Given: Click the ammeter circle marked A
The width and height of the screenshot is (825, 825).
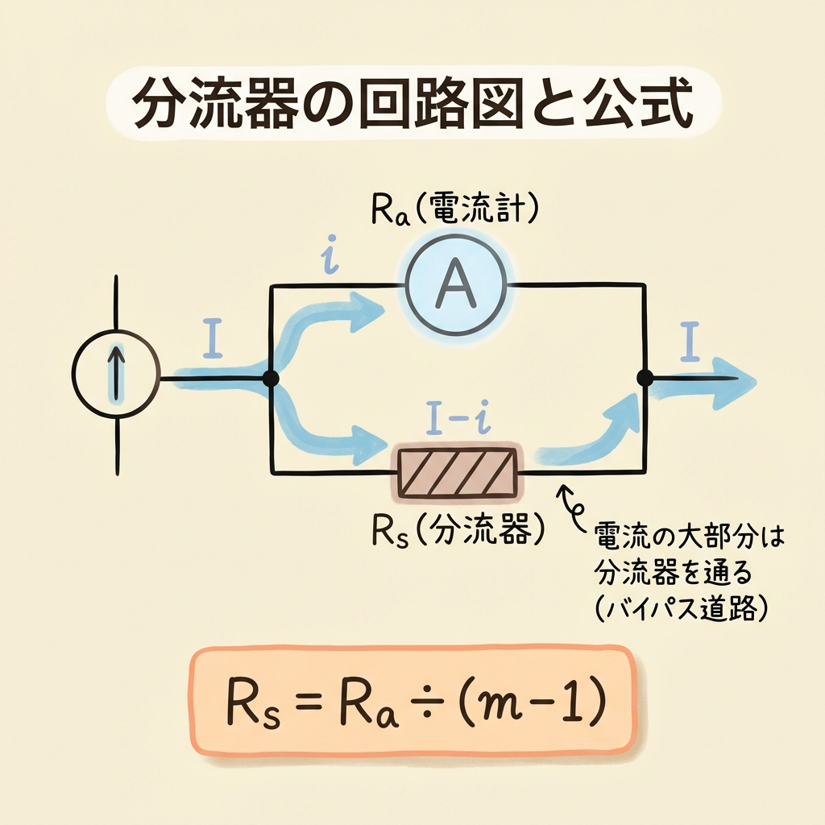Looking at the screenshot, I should coord(455,284).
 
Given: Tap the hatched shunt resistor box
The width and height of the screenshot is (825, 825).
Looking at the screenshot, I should coord(455,471).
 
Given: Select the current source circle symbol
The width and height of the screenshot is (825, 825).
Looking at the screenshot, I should coord(117,377).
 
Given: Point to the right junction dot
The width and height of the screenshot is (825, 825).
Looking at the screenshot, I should coord(644,377).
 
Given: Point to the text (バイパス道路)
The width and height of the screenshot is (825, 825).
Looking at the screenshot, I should coord(678,609).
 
